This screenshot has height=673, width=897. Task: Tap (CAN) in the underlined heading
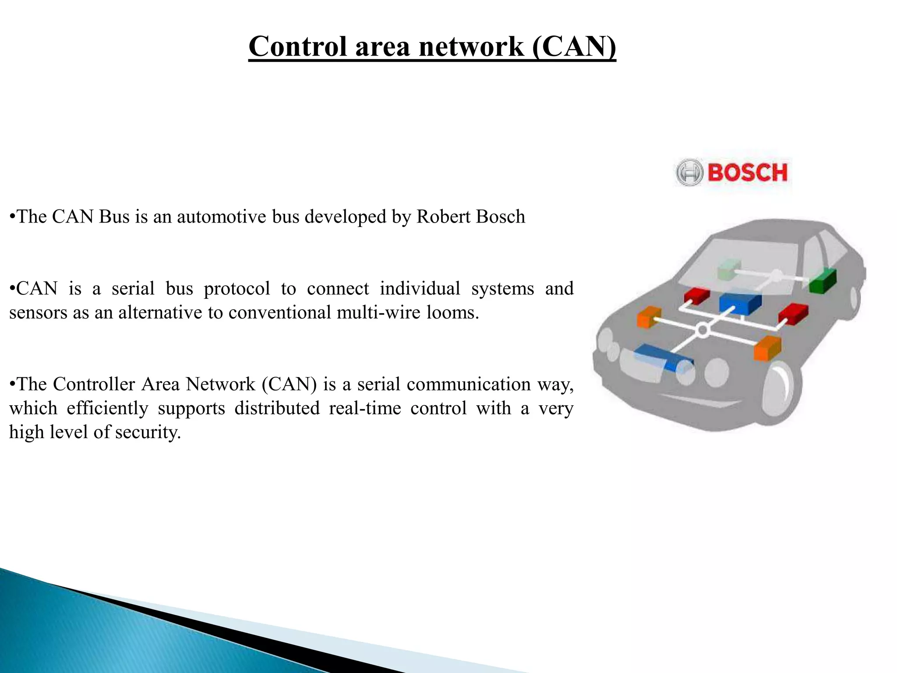click(574, 46)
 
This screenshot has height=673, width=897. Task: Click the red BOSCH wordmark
click(747, 172)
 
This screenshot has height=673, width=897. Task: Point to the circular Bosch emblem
click(689, 172)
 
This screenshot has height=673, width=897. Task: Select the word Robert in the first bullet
click(443, 216)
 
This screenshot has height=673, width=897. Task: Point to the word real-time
click(365, 408)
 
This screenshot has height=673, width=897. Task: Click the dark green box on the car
click(823, 280)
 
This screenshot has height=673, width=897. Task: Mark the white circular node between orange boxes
click(702, 329)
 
